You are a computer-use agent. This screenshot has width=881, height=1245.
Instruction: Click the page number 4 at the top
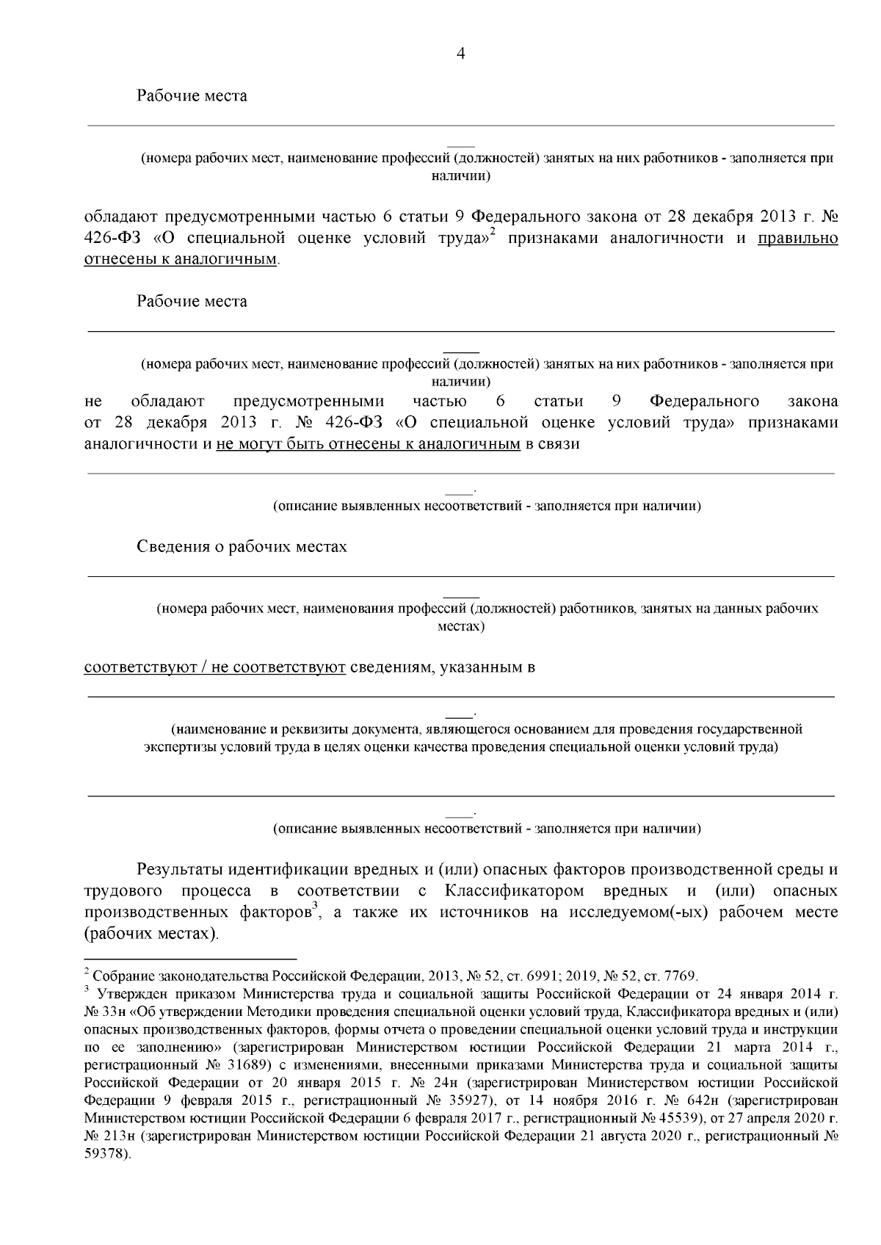click(461, 54)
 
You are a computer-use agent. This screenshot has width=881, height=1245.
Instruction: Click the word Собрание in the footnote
click(118, 976)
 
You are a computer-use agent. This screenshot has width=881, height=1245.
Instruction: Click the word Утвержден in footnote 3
click(133, 995)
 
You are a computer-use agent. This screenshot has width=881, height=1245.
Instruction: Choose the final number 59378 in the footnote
click(106, 1153)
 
